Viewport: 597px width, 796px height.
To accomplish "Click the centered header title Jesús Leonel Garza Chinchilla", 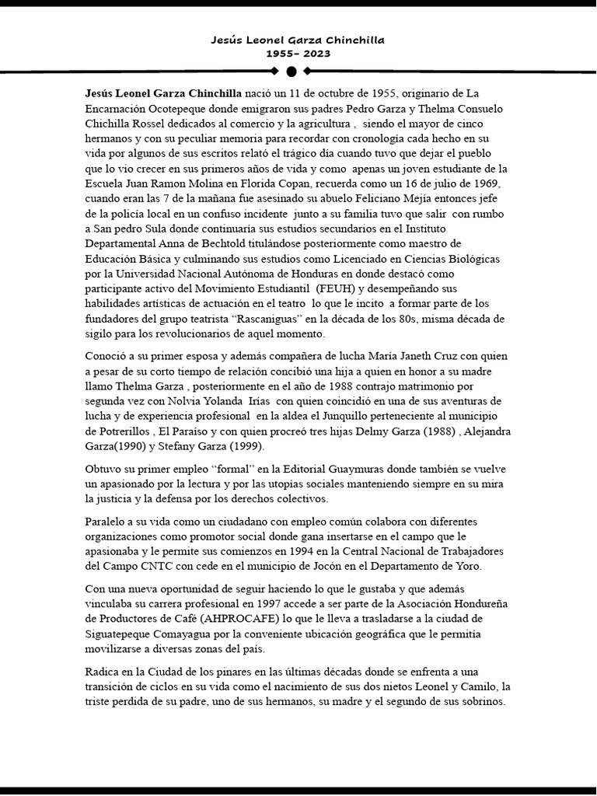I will point(298,39).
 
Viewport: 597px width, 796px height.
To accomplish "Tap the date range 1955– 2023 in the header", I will point(298,54).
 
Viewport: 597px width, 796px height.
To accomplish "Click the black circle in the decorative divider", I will point(292,72).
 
